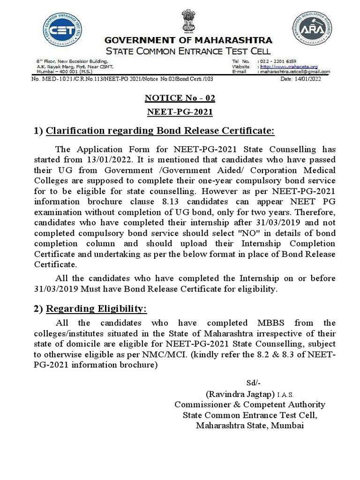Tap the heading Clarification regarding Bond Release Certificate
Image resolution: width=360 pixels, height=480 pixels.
pyautogui.click(x=160, y=131)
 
